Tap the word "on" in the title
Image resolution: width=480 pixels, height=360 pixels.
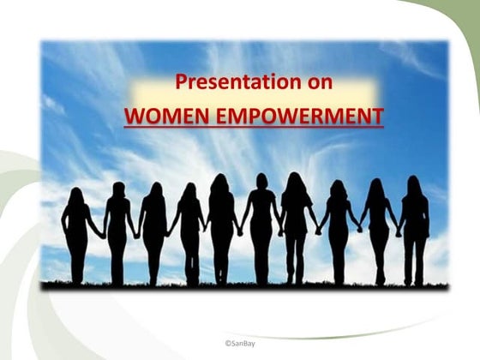coord(317,83)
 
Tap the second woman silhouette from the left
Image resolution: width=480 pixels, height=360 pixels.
coord(117,233)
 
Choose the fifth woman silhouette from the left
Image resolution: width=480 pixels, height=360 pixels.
coord(221,230)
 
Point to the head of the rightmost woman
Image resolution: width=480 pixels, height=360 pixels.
coord(414,184)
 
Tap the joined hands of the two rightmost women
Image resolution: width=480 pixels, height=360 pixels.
coord(398,232)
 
